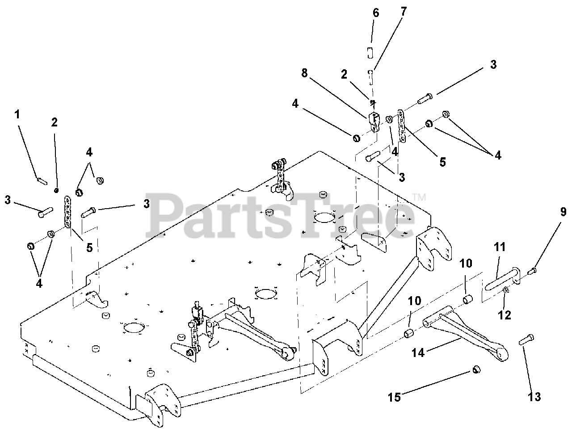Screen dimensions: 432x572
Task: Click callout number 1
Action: point(17,114)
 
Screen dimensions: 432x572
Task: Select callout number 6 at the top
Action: point(376,13)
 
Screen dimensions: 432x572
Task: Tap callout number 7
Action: point(404,12)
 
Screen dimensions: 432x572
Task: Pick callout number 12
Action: point(505,315)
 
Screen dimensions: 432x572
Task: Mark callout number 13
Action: point(534,396)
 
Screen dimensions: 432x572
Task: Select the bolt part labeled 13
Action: point(525,341)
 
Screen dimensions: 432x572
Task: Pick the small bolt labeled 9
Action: point(533,270)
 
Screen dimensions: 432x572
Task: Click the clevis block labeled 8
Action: point(374,121)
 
